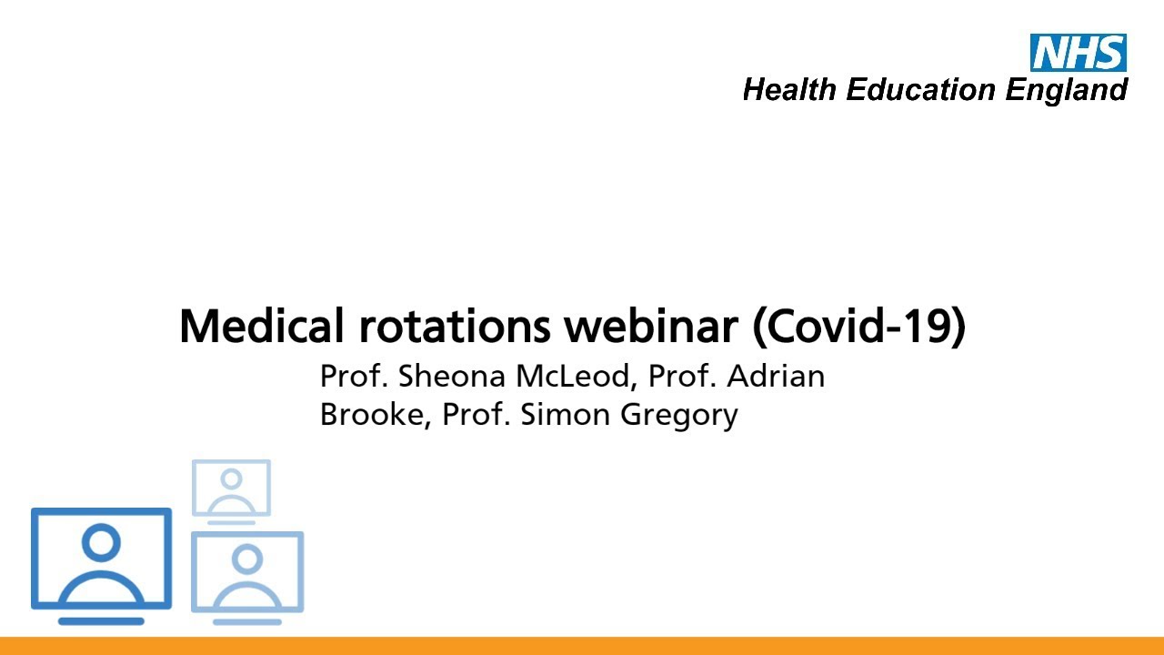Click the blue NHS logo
[x=1078, y=53]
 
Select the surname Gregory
[x=679, y=416]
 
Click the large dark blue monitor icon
[x=101, y=559]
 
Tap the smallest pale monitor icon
[x=231, y=488]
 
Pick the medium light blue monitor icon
[x=247, y=572]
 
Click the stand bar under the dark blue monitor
[x=101, y=621]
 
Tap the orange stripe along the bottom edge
[x=582, y=646]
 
